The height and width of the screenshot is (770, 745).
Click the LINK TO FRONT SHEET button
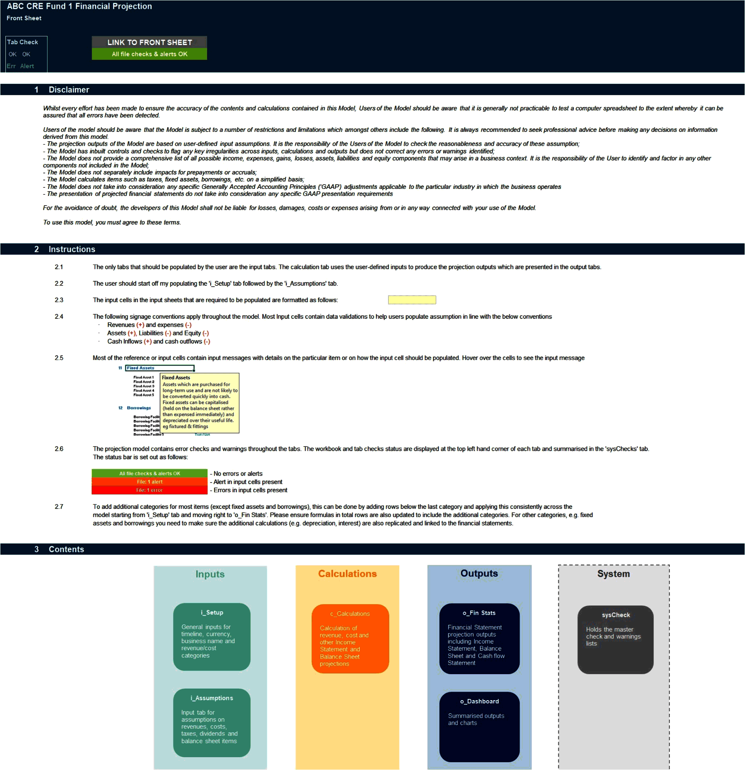pos(149,42)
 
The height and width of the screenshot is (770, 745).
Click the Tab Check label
pos(23,42)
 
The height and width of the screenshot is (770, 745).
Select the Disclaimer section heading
pos(69,90)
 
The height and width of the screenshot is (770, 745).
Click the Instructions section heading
pos(72,249)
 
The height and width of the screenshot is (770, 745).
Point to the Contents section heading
pos(66,549)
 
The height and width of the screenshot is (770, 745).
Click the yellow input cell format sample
pos(412,300)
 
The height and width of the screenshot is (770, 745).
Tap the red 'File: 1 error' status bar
pos(149,490)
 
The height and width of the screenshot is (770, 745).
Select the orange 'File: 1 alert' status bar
pos(149,482)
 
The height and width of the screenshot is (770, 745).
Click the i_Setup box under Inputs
pos(212,637)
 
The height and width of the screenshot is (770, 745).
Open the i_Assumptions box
pos(212,722)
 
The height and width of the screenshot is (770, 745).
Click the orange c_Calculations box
pos(350,638)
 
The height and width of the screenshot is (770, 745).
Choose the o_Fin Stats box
pos(479,638)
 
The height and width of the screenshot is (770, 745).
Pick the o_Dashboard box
pos(479,727)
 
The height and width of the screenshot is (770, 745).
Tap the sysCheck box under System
pos(615,640)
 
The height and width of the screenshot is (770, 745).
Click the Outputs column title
pos(479,574)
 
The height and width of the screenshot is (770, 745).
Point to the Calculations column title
pos(347,574)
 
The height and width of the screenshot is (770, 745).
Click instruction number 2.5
pos(59,358)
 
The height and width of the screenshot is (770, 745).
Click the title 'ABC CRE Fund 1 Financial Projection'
pos(80,6)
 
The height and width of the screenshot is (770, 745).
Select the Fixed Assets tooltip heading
pos(176,377)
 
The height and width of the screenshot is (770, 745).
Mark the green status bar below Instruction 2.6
pos(149,473)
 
